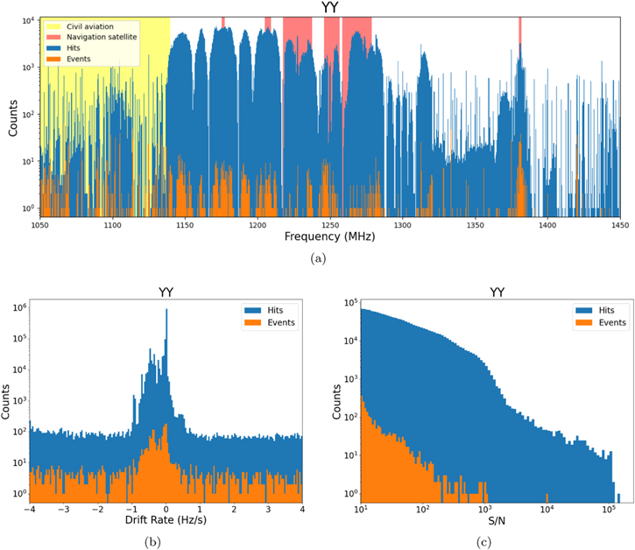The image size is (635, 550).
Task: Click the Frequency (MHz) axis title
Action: click(329, 237)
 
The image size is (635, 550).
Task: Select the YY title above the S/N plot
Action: click(497, 293)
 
